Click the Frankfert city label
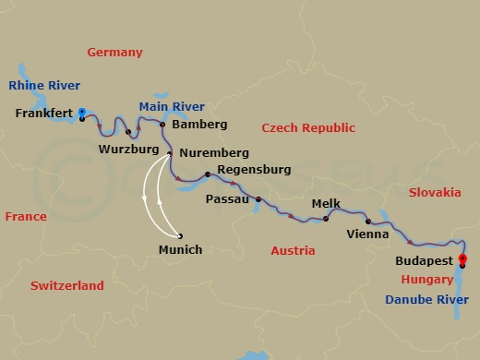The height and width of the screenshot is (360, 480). (x=45, y=114)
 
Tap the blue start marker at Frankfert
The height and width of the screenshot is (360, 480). (x=82, y=112)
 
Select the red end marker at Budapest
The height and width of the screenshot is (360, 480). (x=462, y=258)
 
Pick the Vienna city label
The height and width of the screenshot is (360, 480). (x=366, y=234)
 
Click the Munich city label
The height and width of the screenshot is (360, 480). (x=180, y=249)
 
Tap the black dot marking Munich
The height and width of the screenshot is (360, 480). (x=180, y=234)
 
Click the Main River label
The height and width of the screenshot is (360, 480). (x=172, y=106)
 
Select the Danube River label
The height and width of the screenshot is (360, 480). (x=427, y=299)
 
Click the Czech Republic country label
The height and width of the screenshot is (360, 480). (x=306, y=126)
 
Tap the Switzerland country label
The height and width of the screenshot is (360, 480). (x=66, y=286)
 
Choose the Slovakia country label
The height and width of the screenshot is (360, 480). (x=434, y=192)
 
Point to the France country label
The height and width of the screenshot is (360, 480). (x=26, y=216)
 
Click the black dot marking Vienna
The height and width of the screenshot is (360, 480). (x=367, y=222)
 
